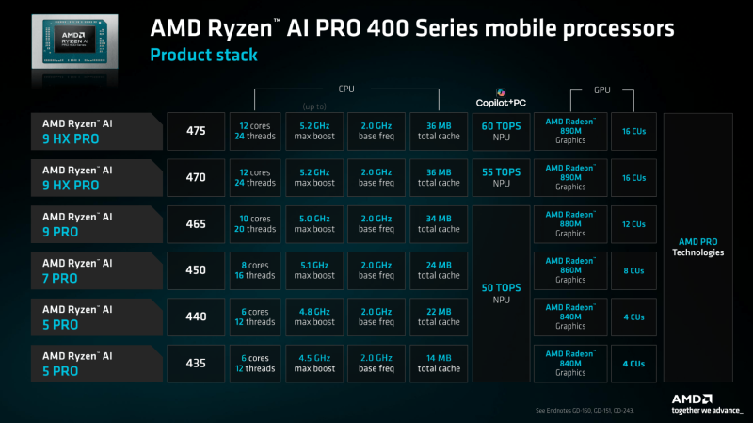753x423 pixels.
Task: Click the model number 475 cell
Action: (x=195, y=131)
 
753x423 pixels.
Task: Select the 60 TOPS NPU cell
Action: (x=501, y=131)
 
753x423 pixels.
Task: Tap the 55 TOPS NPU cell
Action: (x=501, y=177)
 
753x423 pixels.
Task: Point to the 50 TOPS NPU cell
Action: (x=501, y=293)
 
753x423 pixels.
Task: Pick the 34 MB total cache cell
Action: (x=439, y=224)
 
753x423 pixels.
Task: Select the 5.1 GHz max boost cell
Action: (x=315, y=270)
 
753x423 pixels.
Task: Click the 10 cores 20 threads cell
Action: (x=256, y=224)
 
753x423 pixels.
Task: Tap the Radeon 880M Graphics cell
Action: (x=569, y=224)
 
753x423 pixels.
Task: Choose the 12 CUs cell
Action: (x=634, y=224)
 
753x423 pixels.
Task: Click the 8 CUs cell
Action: (x=634, y=270)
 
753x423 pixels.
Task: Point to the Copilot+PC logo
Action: (x=501, y=99)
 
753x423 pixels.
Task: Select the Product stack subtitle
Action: (x=204, y=56)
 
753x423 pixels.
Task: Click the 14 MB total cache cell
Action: (x=439, y=363)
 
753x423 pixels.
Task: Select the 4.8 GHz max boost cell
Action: (x=315, y=317)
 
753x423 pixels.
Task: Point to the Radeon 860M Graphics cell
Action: (x=569, y=270)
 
